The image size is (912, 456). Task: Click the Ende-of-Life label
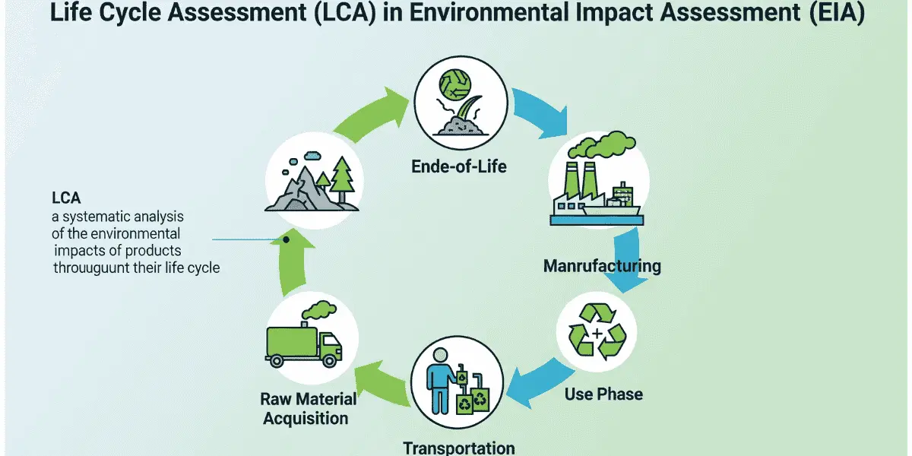(x=459, y=166)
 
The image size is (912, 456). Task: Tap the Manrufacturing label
(x=602, y=266)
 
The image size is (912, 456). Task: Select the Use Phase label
(x=603, y=394)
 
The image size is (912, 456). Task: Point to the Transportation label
(x=459, y=448)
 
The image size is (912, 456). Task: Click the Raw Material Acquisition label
(x=309, y=408)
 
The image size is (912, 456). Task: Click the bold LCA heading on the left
(x=66, y=198)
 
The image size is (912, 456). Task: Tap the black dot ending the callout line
(x=287, y=240)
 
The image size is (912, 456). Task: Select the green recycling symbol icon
(x=597, y=332)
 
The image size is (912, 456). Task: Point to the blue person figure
(x=441, y=381)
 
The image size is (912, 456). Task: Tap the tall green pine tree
(x=341, y=179)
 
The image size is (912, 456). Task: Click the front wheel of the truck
(x=329, y=360)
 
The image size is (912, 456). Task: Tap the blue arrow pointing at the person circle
(x=540, y=383)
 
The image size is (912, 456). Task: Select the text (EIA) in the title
(x=837, y=13)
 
